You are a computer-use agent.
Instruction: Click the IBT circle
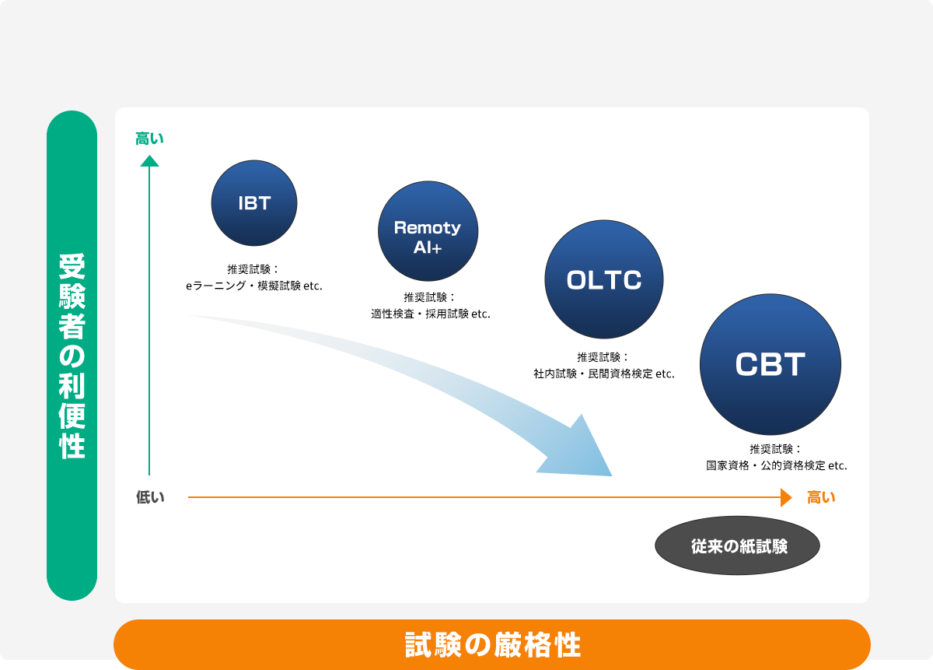click(254, 203)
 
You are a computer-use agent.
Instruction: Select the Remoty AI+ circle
click(428, 231)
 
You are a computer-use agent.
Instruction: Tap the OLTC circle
click(604, 279)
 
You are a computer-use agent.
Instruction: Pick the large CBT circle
click(771, 364)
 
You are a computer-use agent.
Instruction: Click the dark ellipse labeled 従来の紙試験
click(737, 545)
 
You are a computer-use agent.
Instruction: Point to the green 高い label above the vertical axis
click(149, 139)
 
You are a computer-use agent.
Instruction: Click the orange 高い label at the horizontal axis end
click(821, 497)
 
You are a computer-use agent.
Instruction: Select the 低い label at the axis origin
click(150, 497)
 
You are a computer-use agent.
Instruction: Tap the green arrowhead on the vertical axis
click(149, 161)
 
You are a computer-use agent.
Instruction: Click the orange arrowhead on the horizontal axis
click(786, 497)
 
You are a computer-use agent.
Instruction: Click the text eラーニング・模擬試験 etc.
click(254, 286)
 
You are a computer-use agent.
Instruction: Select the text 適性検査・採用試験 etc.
click(431, 314)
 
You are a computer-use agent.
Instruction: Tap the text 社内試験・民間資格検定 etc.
click(604, 374)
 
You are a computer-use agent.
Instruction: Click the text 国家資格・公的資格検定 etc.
click(777, 465)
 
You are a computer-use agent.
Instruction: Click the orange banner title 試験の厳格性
click(493, 645)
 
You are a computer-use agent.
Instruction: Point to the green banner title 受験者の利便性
click(72, 356)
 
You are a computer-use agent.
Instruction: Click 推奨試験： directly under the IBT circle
click(253, 269)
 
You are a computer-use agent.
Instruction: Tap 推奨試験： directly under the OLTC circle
click(603, 357)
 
